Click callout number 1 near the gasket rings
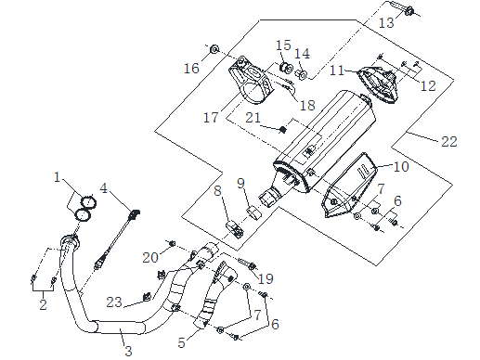click(57, 176)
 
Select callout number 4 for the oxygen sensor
click(105, 188)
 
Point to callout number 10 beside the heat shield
click(400, 167)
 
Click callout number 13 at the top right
click(385, 20)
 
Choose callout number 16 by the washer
click(190, 69)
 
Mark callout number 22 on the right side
click(449, 141)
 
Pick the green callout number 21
click(251, 118)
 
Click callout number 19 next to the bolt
click(266, 277)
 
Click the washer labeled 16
click(214, 47)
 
